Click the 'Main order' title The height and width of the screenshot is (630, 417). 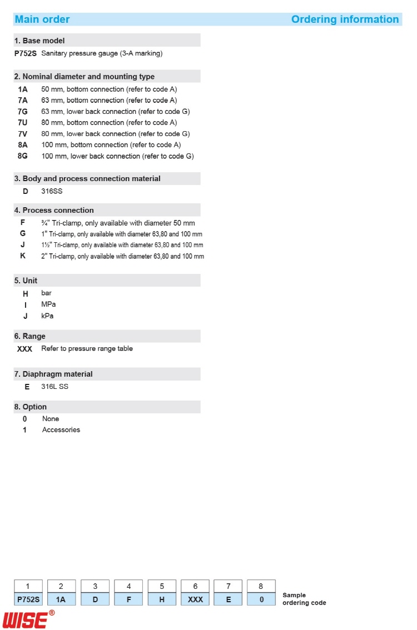(x=42, y=19)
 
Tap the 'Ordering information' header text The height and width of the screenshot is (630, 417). (x=345, y=19)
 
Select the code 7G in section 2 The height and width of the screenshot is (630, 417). (x=23, y=111)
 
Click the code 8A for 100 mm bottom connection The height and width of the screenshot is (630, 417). (x=23, y=145)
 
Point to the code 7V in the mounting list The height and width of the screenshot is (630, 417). (x=23, y=134)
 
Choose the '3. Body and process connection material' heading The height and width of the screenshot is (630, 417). (x=87, y=179)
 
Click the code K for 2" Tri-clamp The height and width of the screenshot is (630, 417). (x=23, y=256)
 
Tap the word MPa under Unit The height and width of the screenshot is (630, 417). (x=48, y=304)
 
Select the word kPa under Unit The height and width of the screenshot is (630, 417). (x=48, y=316)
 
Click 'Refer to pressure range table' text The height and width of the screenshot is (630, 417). (x=87, y=349)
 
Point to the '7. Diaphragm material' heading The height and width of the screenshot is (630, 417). (x=53, y=374)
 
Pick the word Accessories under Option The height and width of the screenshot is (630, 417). (x=61, y=430)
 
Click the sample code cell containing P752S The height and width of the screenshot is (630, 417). (x=28, y=599)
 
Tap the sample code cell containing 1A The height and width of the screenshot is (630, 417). (x=62, y=599)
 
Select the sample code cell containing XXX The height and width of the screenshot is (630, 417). (x=195, y=599)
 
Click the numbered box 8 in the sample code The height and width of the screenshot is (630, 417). (x=261, y=586)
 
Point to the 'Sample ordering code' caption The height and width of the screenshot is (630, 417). (x=304, y=599)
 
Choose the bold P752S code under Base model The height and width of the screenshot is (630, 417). (x=26, y=54)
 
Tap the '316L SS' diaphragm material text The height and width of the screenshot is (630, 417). (x=54, y=387)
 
